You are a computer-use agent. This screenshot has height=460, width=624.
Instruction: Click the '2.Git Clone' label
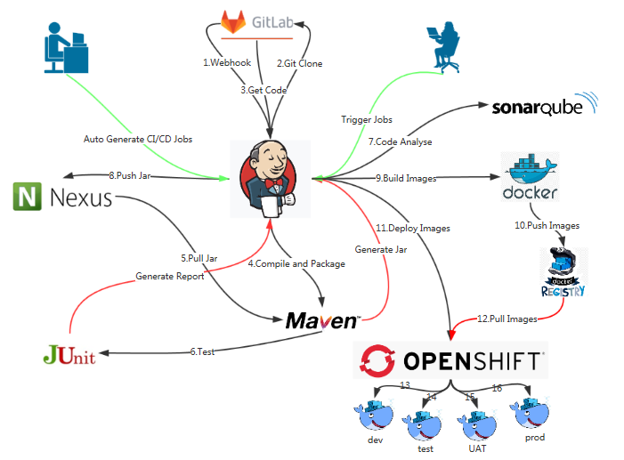[299, 63]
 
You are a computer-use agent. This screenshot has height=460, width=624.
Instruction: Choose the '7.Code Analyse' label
[401, 141]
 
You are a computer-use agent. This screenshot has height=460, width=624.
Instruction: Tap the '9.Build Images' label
[406, 178]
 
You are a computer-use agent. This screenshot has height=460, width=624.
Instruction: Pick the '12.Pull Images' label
[507, 318]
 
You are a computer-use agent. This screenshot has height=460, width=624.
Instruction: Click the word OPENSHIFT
[471, 360]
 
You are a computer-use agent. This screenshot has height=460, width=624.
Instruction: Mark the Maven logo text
[322, 320]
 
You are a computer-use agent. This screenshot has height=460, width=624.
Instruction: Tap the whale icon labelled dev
[374, 414]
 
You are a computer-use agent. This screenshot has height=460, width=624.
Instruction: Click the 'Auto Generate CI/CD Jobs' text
[138, 139]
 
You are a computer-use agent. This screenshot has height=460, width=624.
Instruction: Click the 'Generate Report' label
[170, 276]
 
